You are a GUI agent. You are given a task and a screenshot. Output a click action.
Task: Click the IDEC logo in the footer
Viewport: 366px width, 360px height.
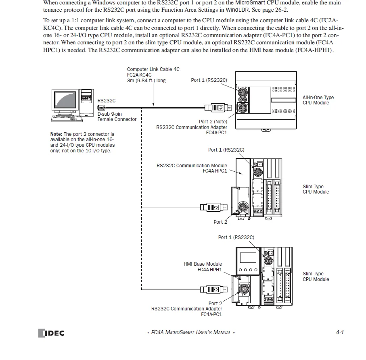51,333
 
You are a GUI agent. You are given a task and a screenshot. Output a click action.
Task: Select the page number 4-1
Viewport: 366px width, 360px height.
339,333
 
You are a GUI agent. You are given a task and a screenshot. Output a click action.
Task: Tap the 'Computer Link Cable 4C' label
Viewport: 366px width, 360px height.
153,69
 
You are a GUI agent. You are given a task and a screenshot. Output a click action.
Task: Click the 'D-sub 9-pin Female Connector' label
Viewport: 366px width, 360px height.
117,117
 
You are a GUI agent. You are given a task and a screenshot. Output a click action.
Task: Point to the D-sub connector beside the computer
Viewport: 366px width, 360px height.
101,107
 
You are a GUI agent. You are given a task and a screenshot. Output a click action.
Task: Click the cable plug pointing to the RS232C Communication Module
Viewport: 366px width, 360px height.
212,208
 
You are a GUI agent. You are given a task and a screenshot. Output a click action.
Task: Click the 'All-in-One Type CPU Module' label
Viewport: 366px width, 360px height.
318,100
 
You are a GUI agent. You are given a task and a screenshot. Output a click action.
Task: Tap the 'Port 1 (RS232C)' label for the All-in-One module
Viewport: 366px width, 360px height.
209,80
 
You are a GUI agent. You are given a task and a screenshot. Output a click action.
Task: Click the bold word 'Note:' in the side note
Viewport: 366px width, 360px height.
56,134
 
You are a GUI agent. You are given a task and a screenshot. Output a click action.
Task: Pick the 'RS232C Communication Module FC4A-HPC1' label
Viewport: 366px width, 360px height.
192,168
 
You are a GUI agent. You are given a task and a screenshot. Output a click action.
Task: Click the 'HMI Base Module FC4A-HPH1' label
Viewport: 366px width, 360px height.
203,267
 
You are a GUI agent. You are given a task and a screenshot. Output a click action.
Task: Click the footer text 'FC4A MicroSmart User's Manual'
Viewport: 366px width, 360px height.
190,333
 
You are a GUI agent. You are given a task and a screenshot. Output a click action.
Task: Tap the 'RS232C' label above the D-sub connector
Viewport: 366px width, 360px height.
106,101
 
